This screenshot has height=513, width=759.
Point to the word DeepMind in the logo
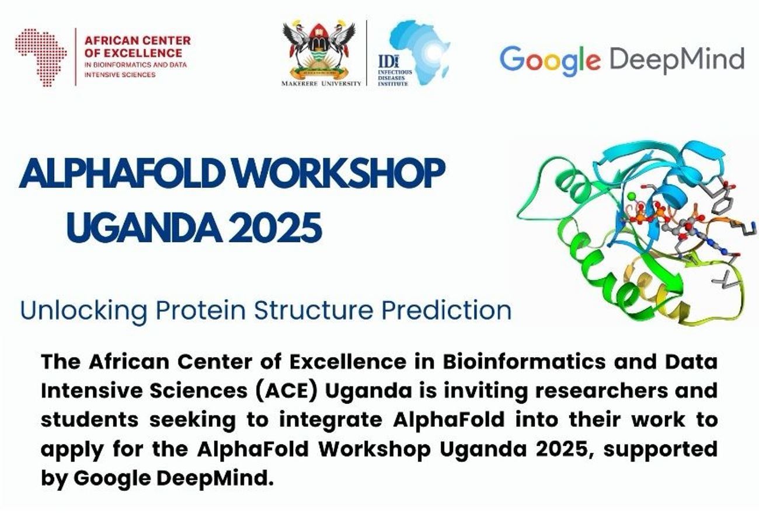coord(677,60)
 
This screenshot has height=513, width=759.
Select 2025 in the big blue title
coord(275,227)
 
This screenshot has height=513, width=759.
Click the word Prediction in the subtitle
coord(447,310)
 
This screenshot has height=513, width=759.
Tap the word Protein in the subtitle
coord(201,310)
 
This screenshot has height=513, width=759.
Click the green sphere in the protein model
coord(631,196)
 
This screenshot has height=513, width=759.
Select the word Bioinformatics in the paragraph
coord(524,362)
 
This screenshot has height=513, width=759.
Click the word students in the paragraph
coord(89,420)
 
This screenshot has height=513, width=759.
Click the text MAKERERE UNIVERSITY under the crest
coord(321,83)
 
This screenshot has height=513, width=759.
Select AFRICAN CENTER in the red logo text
coord(138,41)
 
